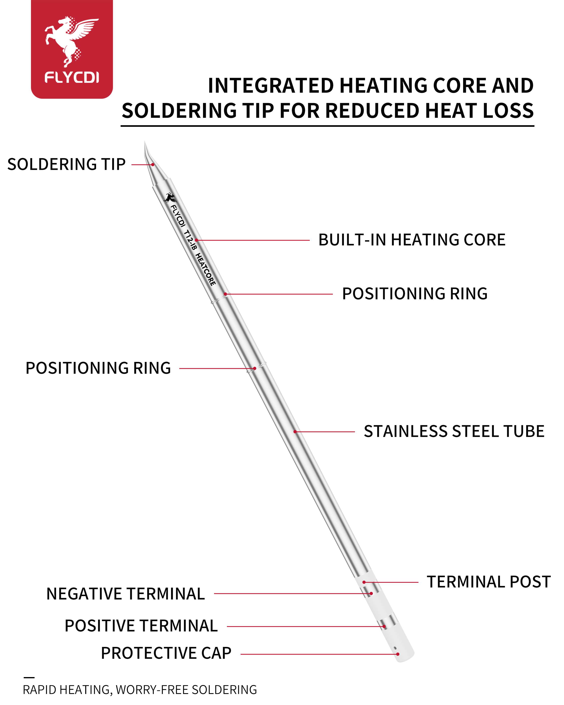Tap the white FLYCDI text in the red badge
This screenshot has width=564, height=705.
point(72,78)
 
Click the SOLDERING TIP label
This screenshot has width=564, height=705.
point(66,164)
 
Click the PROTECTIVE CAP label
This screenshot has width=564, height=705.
point(166,653)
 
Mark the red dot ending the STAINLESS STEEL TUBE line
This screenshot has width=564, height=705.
point(295,432)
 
